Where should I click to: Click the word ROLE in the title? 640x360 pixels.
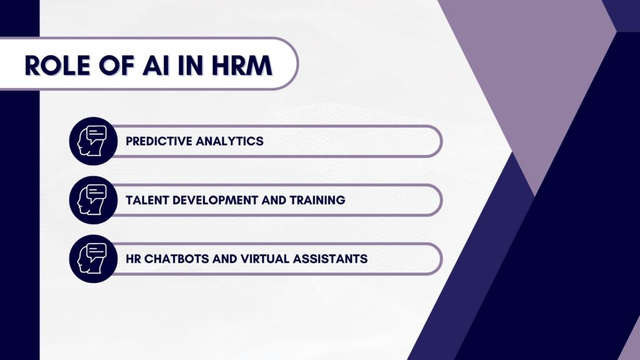coord(57,65)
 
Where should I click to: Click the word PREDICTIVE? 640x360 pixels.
coord(159,141)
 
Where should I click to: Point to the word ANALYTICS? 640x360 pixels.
coord(230,141)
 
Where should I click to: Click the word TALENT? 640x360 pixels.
coord(147,200)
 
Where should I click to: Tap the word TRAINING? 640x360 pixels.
coord(317,200)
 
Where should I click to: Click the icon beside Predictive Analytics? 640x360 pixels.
coord(93,141)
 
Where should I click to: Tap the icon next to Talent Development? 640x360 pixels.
coord(93,200)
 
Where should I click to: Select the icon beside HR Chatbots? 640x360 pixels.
coord(93,259)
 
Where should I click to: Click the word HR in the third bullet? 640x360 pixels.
coord(133,259)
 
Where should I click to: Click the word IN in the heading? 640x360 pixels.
coord(190,65)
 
